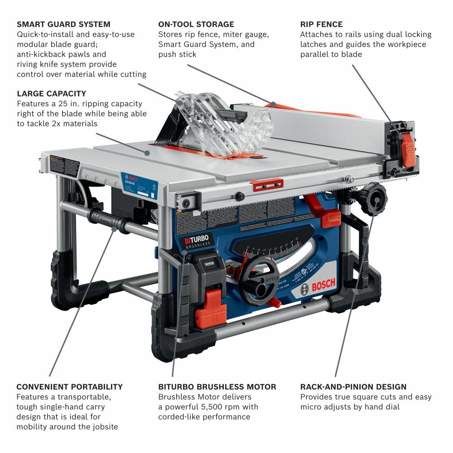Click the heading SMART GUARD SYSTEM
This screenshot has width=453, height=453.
pyautogui.click(x=63, y=24)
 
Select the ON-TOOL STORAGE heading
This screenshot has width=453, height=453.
pyautogui.click(x=196, y=24)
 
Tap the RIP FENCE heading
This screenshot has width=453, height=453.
pyautogui.click(x=322, y=24)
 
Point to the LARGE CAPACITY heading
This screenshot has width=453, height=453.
pyautogui.click(x=51, y=94)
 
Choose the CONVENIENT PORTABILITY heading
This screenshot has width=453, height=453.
pyautogui.click(x=69, y=387)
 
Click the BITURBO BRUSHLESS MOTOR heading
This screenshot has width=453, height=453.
pyautogui.click(x=217, y=387)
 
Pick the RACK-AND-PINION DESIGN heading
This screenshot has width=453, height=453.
pyautogui.click(x=353, y=387)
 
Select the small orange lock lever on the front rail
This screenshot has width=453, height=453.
pyautogui.click(x=266, y=184)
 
